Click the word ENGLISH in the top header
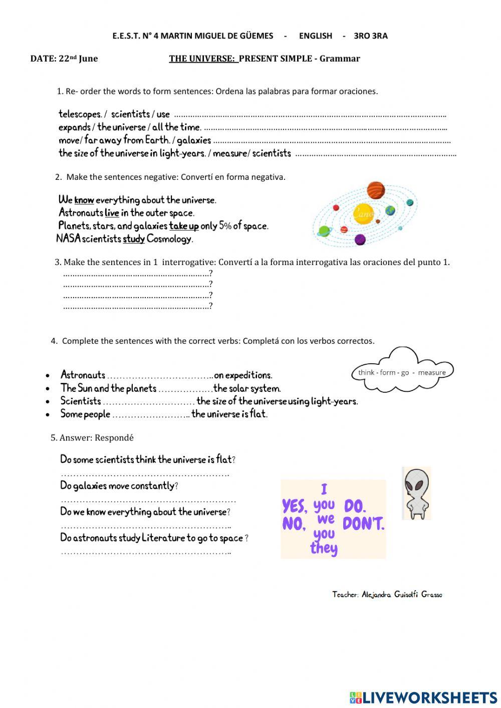pyautogui.click(x=315, y=36)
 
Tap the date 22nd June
pyautogui.click(x=78, y=59)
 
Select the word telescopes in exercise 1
pyautogui.click(x=80, y=114)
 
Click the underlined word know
pyautogui.click(x=84, y=200)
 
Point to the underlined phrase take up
pyautogui.click(x=184, y=226)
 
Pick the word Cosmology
pyautogui.click(x=169, y=239)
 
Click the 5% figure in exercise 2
pyautogui.click(x=225, y=226)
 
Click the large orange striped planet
pyautogui.click(x=375, y=190)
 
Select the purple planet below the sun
pyautogui.click(x=360, y=239)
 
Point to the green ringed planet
pyautogui.click(x=325, y=231)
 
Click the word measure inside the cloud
pyautogui.click(x=431, y=373)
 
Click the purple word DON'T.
pyautogui.click(x=363, y=524)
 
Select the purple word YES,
pyautogui.click(x=295, y=506)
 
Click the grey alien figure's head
pyautogui.click(x=416, y=480)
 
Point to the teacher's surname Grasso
pyautogui.click(x=431, y=595)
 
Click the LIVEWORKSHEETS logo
pyautogui.click(x=423, y=697)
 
